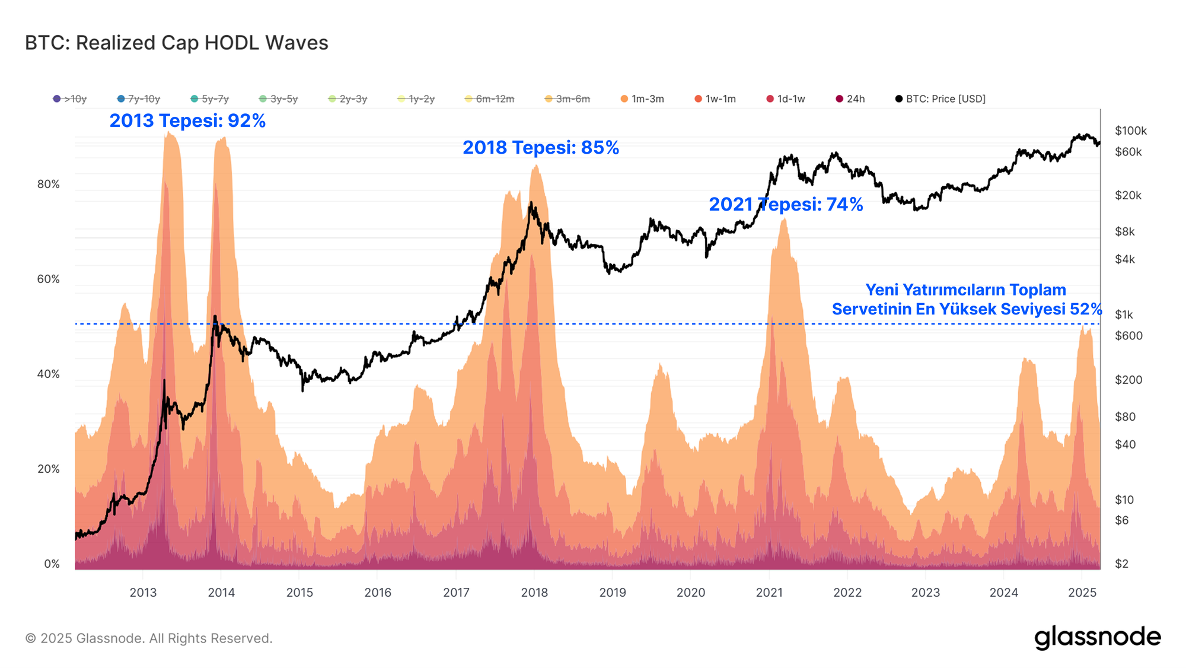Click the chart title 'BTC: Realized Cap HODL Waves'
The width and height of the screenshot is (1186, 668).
[176, 43]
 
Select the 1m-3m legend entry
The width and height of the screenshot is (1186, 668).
[642, 99]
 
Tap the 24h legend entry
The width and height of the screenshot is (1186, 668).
[850, 99]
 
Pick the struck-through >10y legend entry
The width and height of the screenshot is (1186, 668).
[70, 99]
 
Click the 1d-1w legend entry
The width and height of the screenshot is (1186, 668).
[786, 99]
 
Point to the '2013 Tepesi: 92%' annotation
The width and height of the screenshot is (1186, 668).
[187, 121]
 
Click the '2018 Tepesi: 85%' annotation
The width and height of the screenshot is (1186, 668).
[540, 148]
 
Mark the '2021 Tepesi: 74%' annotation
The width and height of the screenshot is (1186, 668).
[786, 205]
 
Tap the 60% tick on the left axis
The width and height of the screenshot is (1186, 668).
[49, 279]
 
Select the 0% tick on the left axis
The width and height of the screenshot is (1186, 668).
[52, 564]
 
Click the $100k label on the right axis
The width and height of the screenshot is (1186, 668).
[1130, 131]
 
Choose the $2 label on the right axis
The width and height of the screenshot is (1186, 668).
[1121, 564]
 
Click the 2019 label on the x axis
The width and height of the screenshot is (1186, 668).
[613, 593]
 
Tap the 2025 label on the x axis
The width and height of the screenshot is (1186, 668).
[1082, 593]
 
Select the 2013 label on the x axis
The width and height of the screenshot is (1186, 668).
[143, 593]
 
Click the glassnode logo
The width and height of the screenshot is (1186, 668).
[1098, 637]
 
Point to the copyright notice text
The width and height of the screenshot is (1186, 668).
[149, 638]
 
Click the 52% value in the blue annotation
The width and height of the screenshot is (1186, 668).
[1086, 310]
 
